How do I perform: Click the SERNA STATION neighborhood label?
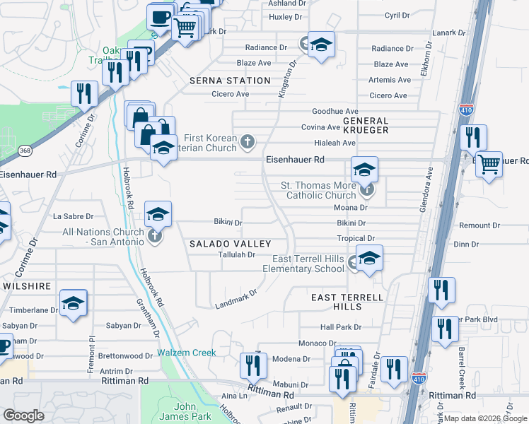230,81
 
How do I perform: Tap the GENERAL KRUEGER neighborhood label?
366,126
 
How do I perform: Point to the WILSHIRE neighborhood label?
26,286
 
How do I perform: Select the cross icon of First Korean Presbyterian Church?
248,142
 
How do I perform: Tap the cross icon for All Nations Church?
155,236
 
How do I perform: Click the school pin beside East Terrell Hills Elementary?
368,259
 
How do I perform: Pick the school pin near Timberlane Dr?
74,303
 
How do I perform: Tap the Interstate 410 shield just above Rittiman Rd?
419,379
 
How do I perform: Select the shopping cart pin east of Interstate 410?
489,165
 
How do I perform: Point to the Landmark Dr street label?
236,300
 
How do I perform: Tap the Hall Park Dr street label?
340,327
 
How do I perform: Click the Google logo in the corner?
24,415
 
